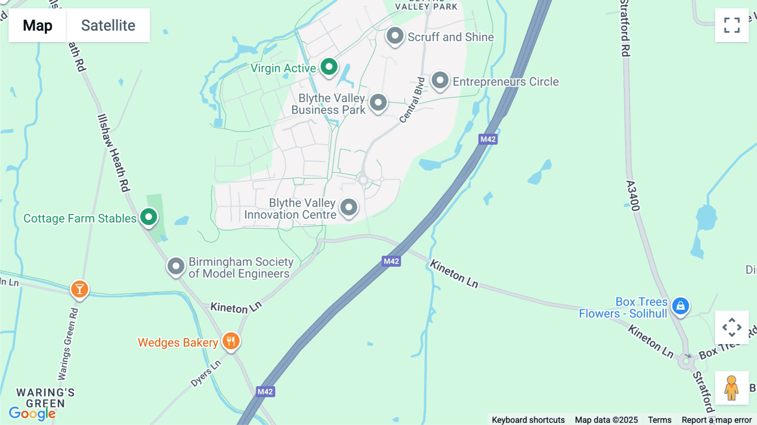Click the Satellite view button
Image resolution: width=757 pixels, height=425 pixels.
108,25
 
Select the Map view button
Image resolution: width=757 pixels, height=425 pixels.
37,25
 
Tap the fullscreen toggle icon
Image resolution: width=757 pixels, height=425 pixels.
732,25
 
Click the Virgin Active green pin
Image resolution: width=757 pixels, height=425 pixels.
329,67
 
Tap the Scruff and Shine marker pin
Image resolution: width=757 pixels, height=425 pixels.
395,36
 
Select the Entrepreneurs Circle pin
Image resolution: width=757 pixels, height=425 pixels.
440,80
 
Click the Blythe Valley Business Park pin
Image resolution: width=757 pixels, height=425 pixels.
378,103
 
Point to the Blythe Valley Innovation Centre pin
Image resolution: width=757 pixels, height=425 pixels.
349,207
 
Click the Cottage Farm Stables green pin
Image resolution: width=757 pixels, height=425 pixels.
148,217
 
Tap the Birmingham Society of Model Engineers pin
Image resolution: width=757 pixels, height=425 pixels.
176,266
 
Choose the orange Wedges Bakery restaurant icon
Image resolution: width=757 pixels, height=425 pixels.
231,341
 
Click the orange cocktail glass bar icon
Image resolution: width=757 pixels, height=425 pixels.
79,290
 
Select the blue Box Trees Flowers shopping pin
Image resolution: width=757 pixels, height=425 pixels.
680,306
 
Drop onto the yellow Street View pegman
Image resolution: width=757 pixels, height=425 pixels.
731,388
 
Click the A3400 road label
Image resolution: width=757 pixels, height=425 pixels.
633,196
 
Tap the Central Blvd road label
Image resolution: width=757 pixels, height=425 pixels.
412,100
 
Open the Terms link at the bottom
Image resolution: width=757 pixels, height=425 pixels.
659,420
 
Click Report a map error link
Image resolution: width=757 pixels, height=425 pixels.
717,420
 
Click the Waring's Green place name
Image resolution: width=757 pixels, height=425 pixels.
45,398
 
